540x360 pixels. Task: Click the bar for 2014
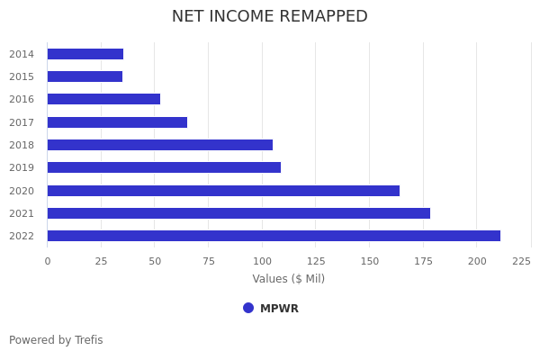coord(85,54)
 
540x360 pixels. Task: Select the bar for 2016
coord(103,99)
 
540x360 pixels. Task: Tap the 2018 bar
coord(159,145)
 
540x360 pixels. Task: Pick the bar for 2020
coord(223,191)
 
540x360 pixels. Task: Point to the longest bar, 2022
coord(274,236)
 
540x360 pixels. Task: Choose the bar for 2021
coord(238,213)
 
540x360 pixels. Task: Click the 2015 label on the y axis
coord(22,76)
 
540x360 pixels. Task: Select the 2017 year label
coord(22,122)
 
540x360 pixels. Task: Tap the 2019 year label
coord(22,167)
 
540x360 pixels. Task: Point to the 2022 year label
coord(22,236)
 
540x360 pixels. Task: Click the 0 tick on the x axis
coord(48,261)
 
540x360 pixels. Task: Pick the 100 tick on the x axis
coord(262,261)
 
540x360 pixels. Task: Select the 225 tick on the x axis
coord(521,261)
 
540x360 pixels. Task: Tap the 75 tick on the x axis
coord(208,261)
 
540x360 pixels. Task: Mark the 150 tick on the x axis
coord(369,261)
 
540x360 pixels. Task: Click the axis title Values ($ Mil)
coord(288,279)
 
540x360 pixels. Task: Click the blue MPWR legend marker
coord(248,308)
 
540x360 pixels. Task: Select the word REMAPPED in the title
coord(321,17)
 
